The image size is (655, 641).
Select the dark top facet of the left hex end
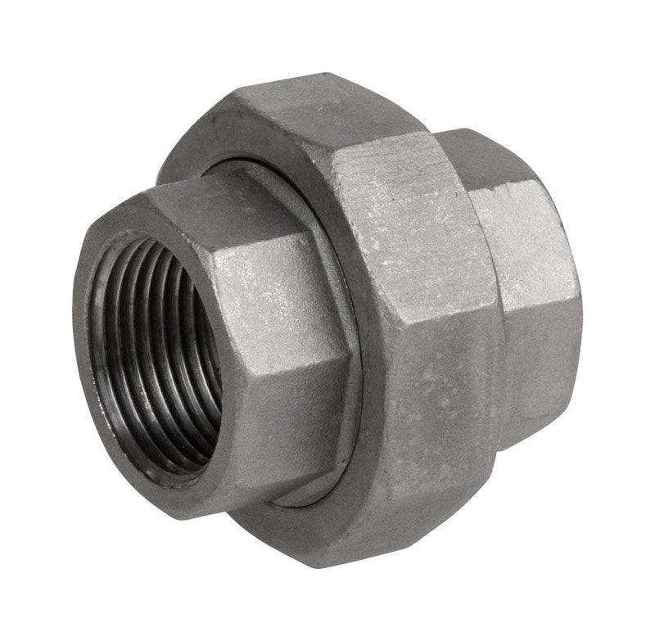coord(205,205)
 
